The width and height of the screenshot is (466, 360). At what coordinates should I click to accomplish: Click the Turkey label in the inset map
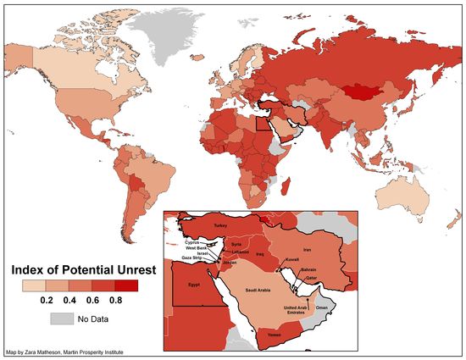tap(221, 226)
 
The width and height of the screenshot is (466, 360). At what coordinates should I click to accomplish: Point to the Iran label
tap(308, 250)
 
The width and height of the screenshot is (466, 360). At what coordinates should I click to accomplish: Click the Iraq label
tap(260, 253)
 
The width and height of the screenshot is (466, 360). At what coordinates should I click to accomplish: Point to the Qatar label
tap(311, 277)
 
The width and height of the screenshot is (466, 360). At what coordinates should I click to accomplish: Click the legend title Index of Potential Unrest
tap(80, 270)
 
